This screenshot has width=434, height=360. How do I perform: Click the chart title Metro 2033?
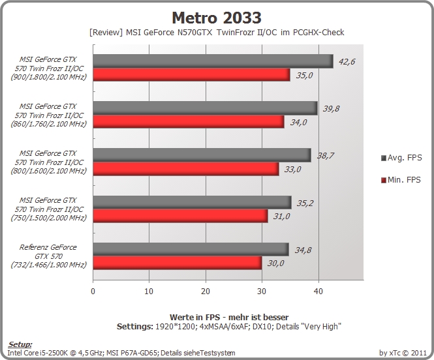tap(217, 18)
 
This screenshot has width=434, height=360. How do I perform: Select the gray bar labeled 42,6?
tap(213, 61)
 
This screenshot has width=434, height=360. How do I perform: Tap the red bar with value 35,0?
tap(191, 74)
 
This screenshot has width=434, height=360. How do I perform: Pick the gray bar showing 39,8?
tap(206, 108)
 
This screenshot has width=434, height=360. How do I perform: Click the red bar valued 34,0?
tap(189, 122)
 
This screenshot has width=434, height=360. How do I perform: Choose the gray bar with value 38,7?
tap(202, 155)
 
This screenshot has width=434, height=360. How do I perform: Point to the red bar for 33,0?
tap(186, 169)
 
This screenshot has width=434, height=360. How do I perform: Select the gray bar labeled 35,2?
tap(192, 202)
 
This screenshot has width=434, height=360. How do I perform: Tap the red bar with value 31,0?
tap(181, 216)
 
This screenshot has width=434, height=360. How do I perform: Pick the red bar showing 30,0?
tap(178, 263)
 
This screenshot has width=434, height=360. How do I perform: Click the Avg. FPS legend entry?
tap(401, 158)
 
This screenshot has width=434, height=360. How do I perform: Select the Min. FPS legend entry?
tap(401, 180)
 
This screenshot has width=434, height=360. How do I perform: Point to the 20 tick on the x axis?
tap(206, 291)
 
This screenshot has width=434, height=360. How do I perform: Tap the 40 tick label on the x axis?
tap(318, 291)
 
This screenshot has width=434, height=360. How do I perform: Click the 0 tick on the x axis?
tap(93, 291)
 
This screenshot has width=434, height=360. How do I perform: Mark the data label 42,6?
tap(347, 61)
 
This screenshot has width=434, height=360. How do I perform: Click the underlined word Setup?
tap(20, 344)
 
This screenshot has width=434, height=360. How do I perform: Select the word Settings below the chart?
tap(135, 327)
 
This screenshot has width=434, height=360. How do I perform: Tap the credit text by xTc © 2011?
tap(403, 353)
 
